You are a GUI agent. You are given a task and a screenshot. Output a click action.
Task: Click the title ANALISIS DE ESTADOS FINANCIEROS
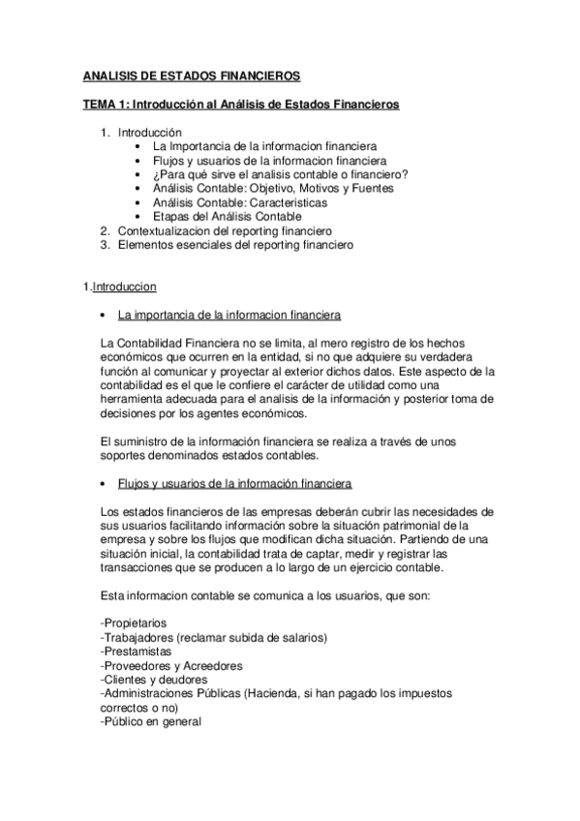tap(191, 76)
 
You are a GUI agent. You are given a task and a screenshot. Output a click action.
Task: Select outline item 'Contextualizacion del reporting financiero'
tap(225, 231)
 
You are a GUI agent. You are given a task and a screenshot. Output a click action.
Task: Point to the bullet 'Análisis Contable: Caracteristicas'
tap(239, 203)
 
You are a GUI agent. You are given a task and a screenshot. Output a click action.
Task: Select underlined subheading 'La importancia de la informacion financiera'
tap(228, 316)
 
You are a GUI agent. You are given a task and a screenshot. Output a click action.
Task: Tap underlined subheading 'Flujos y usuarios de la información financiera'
tap(234, 483)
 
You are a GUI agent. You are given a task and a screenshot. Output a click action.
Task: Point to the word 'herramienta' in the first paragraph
tap(131, 400)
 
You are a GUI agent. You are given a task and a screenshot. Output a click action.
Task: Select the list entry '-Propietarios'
tap(133, 623)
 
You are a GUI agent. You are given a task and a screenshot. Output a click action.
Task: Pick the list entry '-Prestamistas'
tap(134, 651)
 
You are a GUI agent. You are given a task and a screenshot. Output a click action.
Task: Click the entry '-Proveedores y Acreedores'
tap(171, 665)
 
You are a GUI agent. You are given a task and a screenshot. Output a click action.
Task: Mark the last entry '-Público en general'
tap(150, 721)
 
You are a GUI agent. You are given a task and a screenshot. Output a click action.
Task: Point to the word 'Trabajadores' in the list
tap(138, 637)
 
